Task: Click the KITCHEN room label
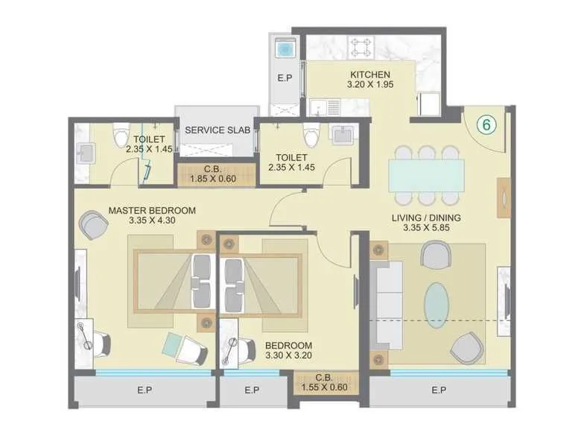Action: pyautogui.click(x=370, y=74)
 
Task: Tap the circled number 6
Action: pyautogui.click(x=486, y=125)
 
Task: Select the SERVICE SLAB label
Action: pyautogui.click(x=215, y=130)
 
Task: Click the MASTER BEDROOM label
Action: pyautogui.click(x=152, y=211)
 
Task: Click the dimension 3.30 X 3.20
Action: pyautogui.click(x=288, y=357)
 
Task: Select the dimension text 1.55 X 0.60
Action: pyautogui.click(x=323, y=387)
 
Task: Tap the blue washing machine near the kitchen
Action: pyautogui.click(x=285, y=49)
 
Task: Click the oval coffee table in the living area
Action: pyautogui.click(x=437, y=304)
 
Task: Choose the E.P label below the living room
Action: pyautogui.click(x=438, y=390)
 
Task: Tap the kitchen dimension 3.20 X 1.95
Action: pyautogui.click(x=370, y=85)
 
